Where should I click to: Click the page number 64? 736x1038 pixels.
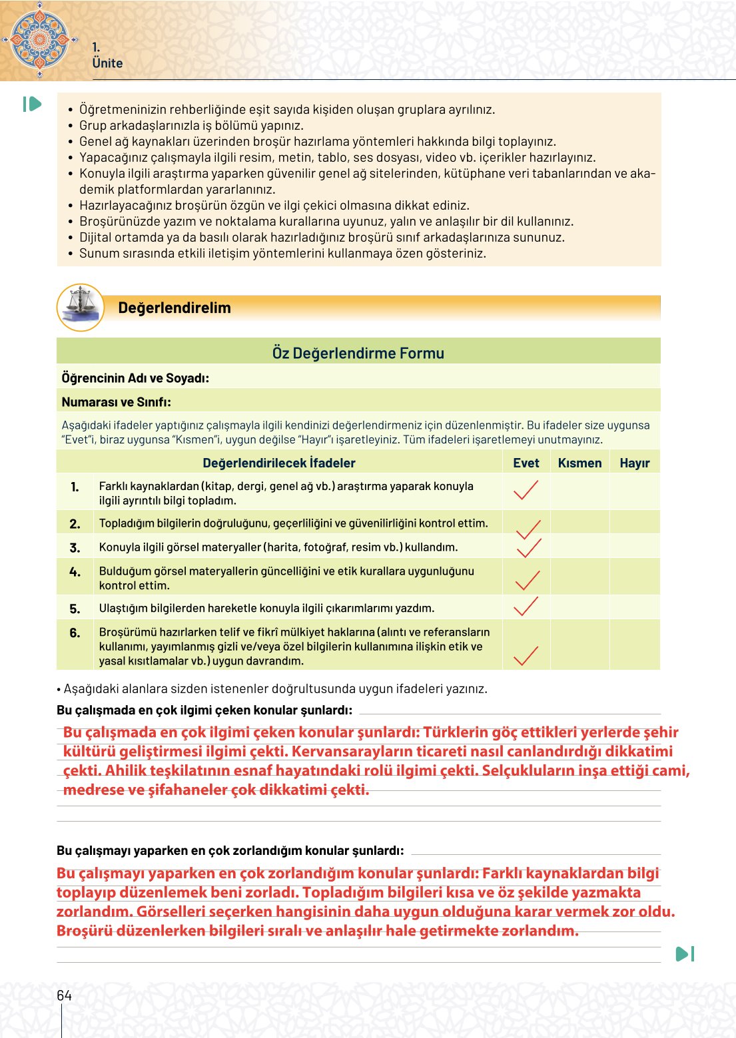coord(64,995)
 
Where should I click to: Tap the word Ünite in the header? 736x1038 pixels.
coord(107,63)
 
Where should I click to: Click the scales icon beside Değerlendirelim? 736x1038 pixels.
coord(81,308)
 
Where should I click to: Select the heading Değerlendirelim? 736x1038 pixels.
coord(175,308)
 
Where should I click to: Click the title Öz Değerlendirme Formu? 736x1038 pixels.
coord(358,353)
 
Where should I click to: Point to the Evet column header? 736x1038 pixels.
coord(526,463)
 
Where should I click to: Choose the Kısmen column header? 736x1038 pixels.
coord(579,463)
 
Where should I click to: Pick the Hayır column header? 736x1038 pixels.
coord(634,463)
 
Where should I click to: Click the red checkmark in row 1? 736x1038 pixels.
coord(526,491)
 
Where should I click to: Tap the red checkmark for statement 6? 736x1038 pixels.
coord(526,656)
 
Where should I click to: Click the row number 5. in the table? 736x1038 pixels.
coord(75,609)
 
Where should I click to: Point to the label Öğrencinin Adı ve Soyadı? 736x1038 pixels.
coord(135,378)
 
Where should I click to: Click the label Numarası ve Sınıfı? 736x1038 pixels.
coord(117,402)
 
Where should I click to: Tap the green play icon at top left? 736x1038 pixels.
coord(32,104)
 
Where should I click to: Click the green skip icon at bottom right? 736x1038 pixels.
coord(685,954)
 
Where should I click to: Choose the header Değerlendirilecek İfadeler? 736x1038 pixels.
coord(278,463)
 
